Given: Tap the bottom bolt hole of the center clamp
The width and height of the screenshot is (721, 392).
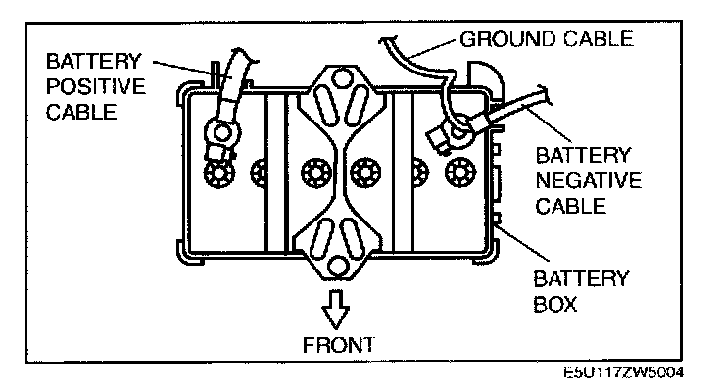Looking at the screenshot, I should [x=337, y=266].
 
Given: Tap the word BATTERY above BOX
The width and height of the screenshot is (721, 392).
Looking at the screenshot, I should [x=582, y=279].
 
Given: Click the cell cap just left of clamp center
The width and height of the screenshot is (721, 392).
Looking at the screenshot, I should [x=314, y=172].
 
